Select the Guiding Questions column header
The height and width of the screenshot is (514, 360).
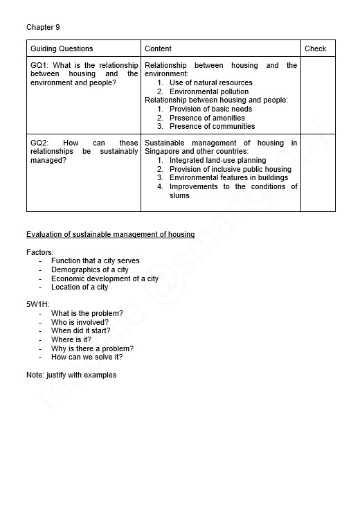[x=62, y=48]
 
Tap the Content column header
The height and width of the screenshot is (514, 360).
[x=158, y=48]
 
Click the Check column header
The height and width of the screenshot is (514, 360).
[x=315, y=48]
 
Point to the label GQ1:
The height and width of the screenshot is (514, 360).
[x=39, y=66]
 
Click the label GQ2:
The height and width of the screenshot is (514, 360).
[x=39, y=143]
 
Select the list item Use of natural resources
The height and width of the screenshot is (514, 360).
[x=210, y=83]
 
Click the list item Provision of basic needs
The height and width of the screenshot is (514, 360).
[x=210, y=109]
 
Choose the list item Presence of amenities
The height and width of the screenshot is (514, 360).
[x=207, y=118]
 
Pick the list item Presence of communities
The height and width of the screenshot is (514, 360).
[x=212, y=127]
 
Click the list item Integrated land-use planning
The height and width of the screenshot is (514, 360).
[x=217, y=161]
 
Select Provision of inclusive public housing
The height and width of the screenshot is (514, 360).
[x=230, y=170]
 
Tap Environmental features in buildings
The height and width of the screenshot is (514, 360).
[x=228, y=178]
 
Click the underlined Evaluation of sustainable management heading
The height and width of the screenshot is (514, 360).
[x=110, y=235]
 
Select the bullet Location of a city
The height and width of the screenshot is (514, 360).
[x=80, y=287]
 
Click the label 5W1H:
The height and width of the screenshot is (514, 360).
[x=37, y=305]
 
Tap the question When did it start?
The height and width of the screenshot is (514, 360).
[x=80, y=331]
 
